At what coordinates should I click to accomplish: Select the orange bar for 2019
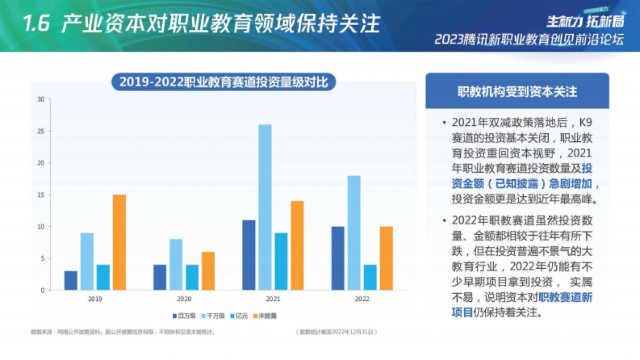(119, 242)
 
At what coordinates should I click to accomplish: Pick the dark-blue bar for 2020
(160, 277)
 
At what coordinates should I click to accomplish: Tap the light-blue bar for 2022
(354, 233)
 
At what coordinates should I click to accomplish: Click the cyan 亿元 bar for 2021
(281, 261)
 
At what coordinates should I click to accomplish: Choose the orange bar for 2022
(386, 258)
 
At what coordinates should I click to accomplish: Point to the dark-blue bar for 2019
(71, 281)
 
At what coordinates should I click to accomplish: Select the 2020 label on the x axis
(184, 299)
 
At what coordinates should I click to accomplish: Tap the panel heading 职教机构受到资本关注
(517, 92)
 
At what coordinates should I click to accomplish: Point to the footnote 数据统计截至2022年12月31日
(337, 332)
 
